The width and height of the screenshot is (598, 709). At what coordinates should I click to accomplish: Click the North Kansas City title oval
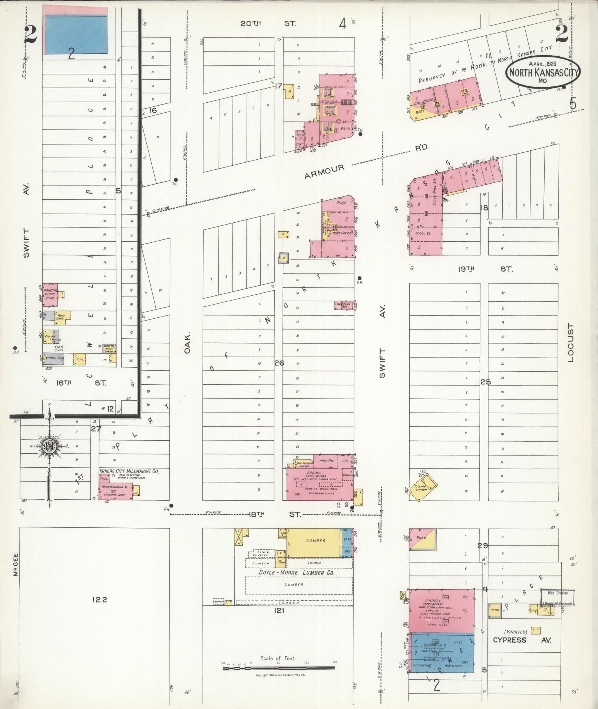tap(542, 72)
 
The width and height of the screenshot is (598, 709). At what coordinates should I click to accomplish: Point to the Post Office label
tap(341, 233)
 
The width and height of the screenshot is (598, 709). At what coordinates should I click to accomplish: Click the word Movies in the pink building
tap(423, 233)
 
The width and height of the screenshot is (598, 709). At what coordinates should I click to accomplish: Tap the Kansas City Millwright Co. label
tap(129, 471)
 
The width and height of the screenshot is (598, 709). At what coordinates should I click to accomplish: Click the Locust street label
tap(570, 342)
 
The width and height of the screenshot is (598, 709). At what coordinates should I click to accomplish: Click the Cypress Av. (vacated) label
tap(521, 640)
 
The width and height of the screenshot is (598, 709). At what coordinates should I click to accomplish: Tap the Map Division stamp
tap(557, 597)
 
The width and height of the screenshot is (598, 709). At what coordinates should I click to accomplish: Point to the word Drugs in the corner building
tap(341, 203)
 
